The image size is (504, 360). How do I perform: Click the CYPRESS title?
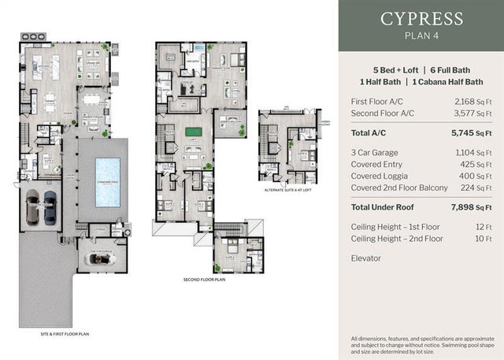(x=421, y=19)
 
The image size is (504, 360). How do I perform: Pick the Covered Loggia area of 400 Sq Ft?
(x=476, y=175)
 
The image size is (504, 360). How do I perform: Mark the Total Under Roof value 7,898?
(x=469, y=207)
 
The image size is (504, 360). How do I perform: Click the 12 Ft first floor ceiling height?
(x=484, y=226)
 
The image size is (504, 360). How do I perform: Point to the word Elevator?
(x=366, y=258)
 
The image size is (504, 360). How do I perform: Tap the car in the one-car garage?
(x=102, y=258)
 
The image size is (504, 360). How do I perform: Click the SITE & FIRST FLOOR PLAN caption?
(x=66, y=334)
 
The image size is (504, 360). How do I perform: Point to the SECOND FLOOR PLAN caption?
(x=205, y=280)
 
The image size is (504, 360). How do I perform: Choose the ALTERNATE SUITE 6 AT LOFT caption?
(x=289, y=190)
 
